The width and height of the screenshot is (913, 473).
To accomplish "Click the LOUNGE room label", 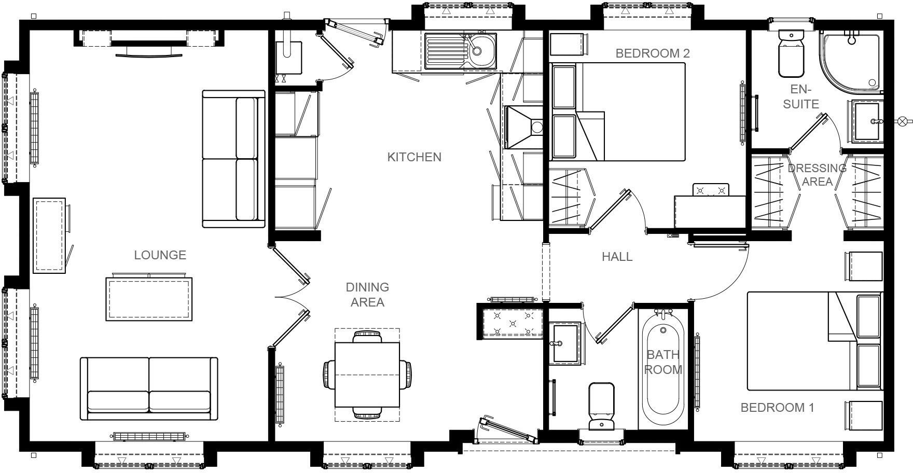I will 160,255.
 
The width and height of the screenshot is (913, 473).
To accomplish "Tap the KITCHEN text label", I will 414,157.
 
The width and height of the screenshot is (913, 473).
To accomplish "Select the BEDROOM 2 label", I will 652,53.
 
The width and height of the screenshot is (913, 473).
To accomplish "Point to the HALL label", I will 617,257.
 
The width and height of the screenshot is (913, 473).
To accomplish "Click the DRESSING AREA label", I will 817,175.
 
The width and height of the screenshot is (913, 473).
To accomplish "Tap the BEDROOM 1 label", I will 777,408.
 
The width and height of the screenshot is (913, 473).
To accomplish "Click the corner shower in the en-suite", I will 849,60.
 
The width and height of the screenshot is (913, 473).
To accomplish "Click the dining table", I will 367,374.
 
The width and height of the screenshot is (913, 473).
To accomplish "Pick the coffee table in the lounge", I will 149,299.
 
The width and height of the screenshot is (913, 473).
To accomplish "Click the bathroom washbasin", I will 564,343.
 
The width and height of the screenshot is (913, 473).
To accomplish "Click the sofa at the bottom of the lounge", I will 149,389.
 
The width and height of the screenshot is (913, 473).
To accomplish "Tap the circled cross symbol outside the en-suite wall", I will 903,122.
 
